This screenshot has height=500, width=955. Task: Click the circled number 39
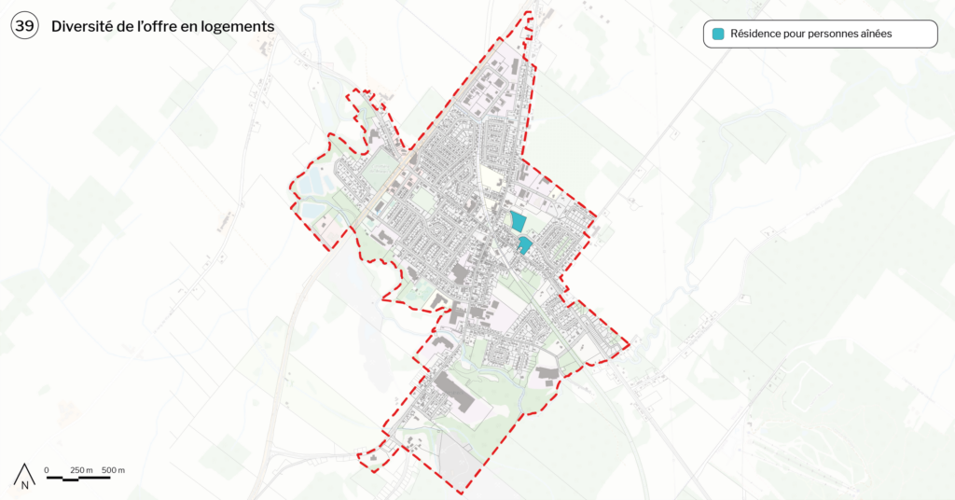click(24, 27)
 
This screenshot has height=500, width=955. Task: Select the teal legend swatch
click(718, 35)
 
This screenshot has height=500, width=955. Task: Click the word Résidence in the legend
click(757, 35)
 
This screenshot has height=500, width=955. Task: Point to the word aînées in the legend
click(873, 35)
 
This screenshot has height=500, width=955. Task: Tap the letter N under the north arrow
click(25, 485)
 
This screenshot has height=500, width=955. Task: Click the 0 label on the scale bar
click(47, 469)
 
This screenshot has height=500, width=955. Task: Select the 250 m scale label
click(81, 469)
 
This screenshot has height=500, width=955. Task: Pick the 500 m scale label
click(113, 469)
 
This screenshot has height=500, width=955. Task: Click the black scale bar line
click(78, 478)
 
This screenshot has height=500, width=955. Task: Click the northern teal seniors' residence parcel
click(518, 222)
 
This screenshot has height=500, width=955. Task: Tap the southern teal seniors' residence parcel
click(525, 245)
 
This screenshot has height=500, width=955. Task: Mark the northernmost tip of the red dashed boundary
click(531, 12)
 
